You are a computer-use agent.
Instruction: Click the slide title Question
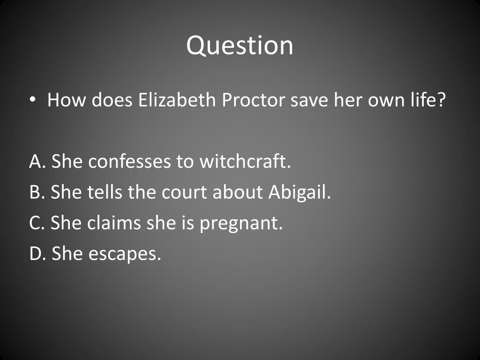coord(240,45)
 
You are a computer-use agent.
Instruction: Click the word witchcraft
coord(245,162)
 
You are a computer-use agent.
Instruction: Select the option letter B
coord(35,192)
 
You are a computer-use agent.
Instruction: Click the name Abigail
coord(300,193)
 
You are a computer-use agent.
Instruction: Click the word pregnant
coord(241,223)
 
